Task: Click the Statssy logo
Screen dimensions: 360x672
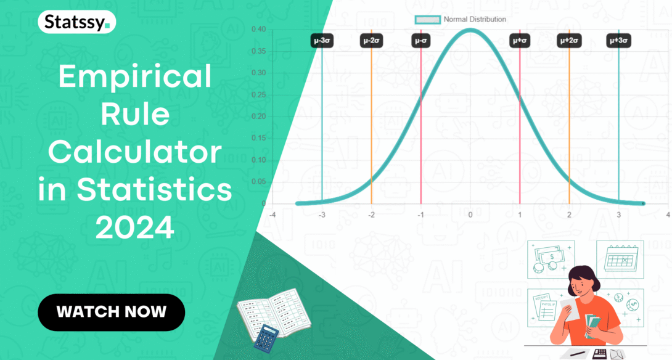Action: coord(77,23)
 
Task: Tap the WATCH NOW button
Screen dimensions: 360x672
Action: coord(112,312)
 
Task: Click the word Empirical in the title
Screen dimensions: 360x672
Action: coord(134,78)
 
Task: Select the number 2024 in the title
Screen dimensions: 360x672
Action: coord(134,228)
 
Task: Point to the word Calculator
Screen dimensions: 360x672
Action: coord(134,152)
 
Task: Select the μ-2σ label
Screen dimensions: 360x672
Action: coord(372,41)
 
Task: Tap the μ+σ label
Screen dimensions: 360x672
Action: coord(520,41)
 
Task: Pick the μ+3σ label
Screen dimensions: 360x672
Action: coord(618,41)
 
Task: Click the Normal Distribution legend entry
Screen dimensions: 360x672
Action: coord(461,19)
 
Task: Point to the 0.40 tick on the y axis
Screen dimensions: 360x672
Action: coord(259,29)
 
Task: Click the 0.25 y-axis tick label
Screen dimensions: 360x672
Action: coord(259,94)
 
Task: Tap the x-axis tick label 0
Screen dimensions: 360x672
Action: coord(470,215)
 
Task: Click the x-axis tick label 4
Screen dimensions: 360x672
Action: coord(668,215)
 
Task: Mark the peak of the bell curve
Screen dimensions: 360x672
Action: coord(470,30)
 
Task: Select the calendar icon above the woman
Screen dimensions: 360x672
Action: coord(620,259)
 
